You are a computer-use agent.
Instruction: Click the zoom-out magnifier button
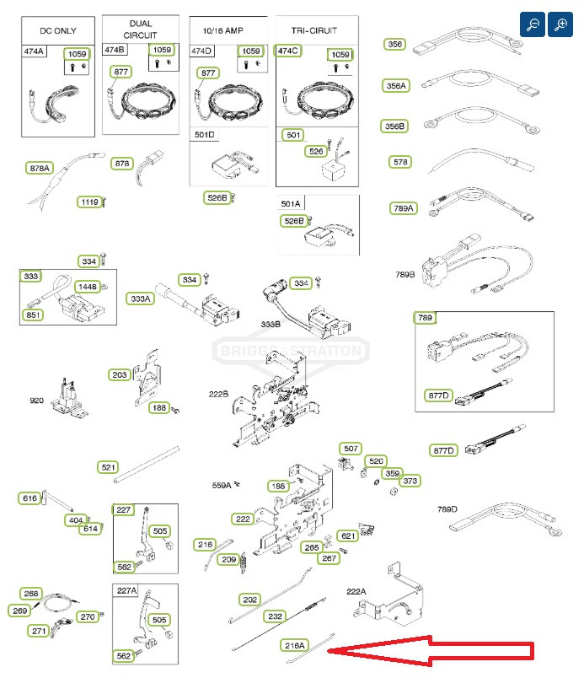tap(533, 24)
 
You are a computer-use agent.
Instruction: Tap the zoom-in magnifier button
tap(560, 24)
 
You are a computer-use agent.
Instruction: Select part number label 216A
tap(294, 645)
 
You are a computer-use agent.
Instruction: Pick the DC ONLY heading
tap(58, 30)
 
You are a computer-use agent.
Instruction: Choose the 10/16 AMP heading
tap(230, 30)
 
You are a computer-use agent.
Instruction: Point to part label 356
tap(394, 44)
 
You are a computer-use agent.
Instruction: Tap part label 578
tap(400, 161)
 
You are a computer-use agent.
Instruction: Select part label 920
tap(36, 401)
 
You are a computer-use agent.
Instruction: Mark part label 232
tap(275, 616)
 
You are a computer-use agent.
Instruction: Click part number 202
tap(250, 600)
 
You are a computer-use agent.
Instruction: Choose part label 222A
tap(357, 592)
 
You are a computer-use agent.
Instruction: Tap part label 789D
tap(447, 508)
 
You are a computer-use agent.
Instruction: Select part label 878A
tap(39, 169)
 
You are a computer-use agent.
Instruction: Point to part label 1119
tap(88, 202)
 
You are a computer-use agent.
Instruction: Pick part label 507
tap(350, 448)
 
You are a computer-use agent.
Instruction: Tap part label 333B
tap(271, 324)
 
